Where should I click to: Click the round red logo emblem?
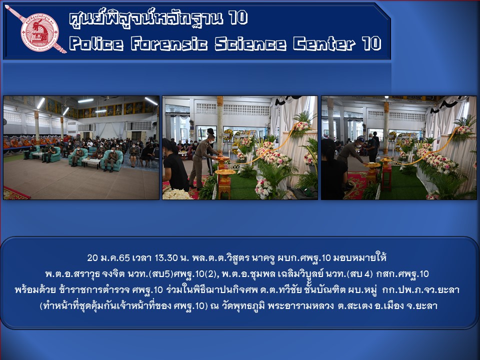40,32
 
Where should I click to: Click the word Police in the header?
96,43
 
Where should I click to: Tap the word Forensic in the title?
169,43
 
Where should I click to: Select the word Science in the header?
250,43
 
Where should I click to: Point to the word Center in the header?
324,43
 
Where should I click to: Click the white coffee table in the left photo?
91,162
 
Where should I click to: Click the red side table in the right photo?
386,176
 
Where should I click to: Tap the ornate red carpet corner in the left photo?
15,193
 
